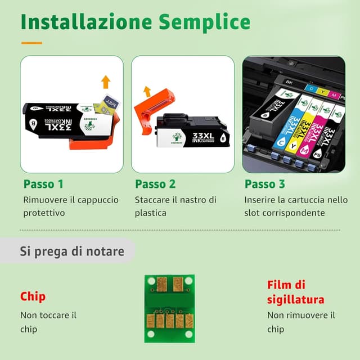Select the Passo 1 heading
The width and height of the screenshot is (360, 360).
click(43, 184)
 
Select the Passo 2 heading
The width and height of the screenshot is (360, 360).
click(155, 184)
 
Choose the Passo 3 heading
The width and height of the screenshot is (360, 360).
click(264, 184)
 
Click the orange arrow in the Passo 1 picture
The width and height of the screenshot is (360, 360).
click(105, 82)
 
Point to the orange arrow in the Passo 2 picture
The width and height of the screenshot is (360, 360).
click(147, 91)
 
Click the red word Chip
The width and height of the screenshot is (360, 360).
click(33, 296)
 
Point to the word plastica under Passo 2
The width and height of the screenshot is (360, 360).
click(150, 213)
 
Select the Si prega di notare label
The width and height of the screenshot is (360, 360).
click(72, 251)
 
